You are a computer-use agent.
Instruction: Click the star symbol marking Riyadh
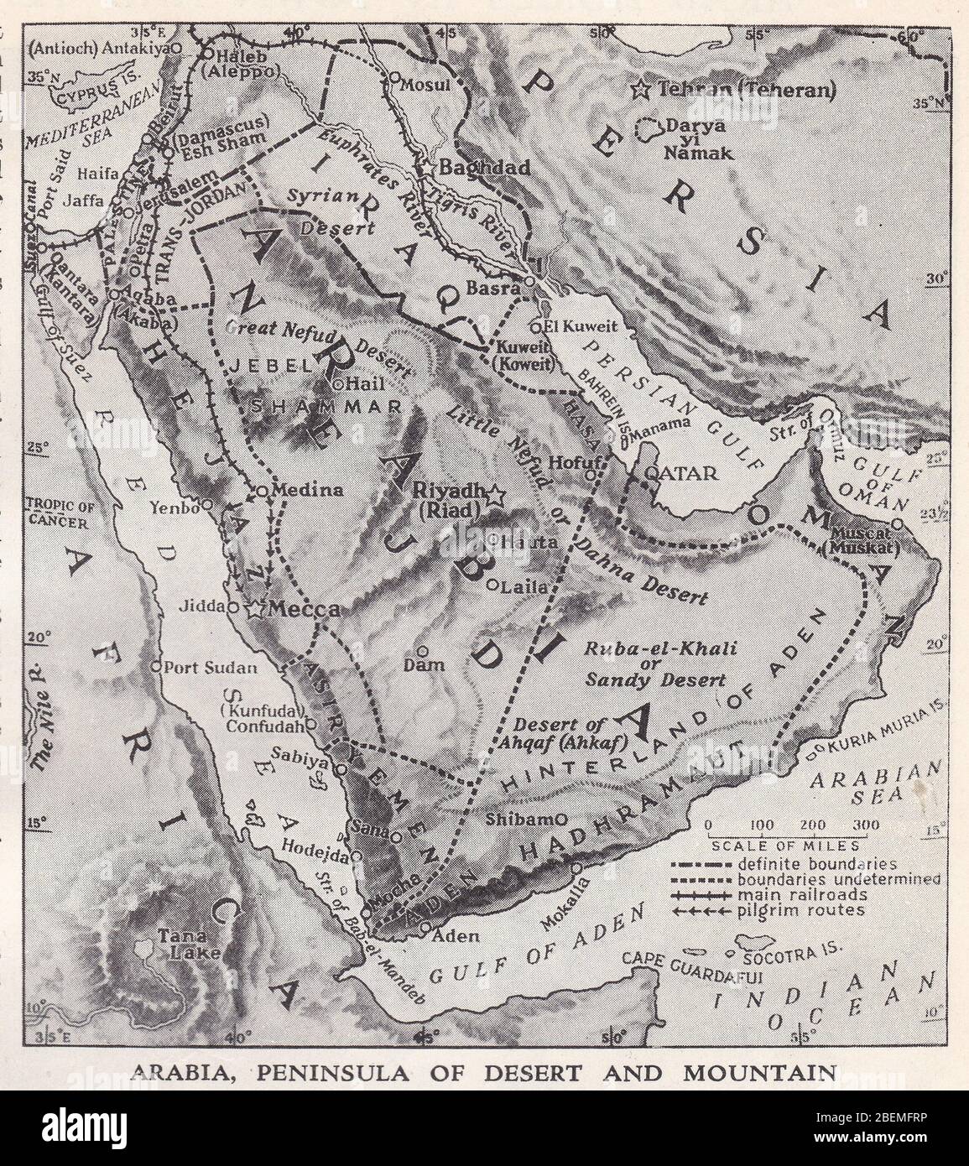coord(494,496)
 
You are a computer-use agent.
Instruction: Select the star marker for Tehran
coord(643,87)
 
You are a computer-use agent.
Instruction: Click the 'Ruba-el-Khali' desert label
coord(661,648)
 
